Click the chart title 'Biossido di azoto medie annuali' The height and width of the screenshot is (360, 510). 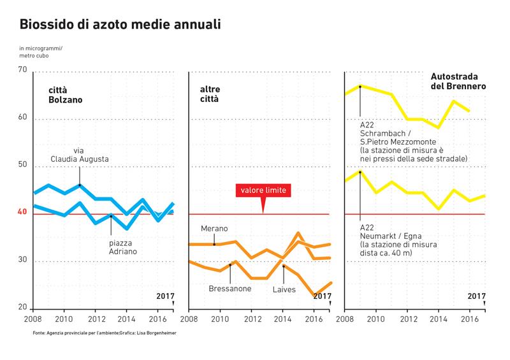click(x=120, y=25)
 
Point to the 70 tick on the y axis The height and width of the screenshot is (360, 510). click(x=22, y=69)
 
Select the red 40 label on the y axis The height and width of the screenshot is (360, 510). click(x=22, y=212)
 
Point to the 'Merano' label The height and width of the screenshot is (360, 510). click(x=214, y=229)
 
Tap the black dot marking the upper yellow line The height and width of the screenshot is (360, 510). click(x=360, y=86)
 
